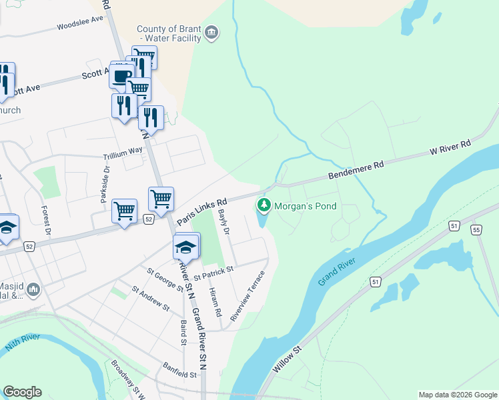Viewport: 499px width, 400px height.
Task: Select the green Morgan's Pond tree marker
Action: click(264, 206)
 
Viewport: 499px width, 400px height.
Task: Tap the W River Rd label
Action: click(450, 147)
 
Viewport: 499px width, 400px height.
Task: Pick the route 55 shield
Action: click(476, 230)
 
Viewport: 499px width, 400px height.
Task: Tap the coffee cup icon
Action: click(121, 75)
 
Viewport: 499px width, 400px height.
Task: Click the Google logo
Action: click(22, 392)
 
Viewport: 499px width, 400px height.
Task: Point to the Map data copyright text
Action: click(457, 395)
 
